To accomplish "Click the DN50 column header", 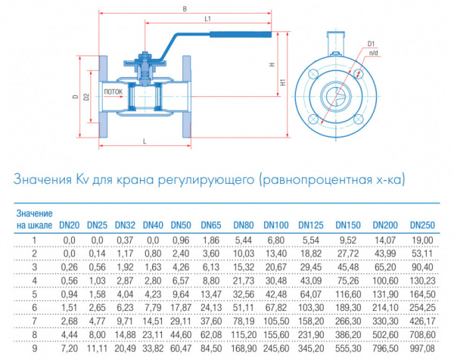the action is (181, 225).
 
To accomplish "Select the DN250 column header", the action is (422, 225).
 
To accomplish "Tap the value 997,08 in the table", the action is (422, 349).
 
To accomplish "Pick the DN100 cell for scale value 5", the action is (276, 294).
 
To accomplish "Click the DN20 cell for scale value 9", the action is (69, 349).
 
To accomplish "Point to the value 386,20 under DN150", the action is (348, 335).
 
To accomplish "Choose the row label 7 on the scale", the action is (35, 321).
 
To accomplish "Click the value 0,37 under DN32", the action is (125, 241).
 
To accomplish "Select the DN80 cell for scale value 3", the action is (244, 267).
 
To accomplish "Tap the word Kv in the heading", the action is (82, 179).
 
